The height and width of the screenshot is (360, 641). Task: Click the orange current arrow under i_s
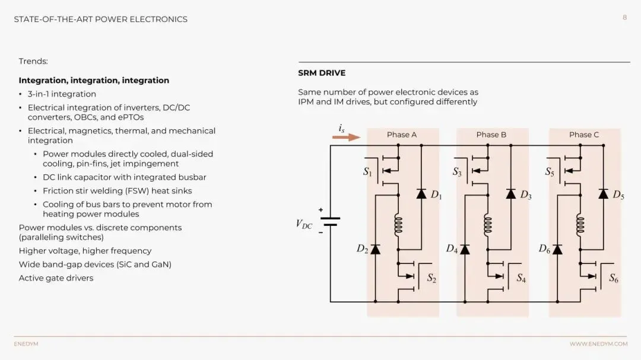pos(346,137)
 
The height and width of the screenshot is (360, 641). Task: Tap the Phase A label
pos(402,135)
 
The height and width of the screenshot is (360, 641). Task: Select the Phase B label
pos(491,135)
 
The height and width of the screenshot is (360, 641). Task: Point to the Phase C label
pos(584,135)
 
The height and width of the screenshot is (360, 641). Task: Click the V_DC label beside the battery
pos(304,224)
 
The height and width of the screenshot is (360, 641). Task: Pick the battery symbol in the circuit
pos(331,221)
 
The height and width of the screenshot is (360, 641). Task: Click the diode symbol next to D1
pos(421,193)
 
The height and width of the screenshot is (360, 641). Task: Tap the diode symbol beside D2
pos(375,249)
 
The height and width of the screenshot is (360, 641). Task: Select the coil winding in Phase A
pos(398,225)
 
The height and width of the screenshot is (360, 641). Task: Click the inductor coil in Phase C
pos(580,225)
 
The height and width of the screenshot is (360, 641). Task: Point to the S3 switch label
pos(457,172)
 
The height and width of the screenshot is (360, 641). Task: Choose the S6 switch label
pos(614,278)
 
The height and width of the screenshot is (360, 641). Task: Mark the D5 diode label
pos(618,195)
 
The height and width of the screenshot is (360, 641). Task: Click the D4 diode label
pos(452,249)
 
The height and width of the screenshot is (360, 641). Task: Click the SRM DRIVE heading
pos(322,73)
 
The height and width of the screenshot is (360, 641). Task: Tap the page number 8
pos(624,18)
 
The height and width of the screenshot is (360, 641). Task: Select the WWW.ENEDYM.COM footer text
pos(598,344)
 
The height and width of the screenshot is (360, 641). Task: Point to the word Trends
pos(33,61)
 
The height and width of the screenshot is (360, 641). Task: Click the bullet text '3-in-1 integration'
pos(62,94)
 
